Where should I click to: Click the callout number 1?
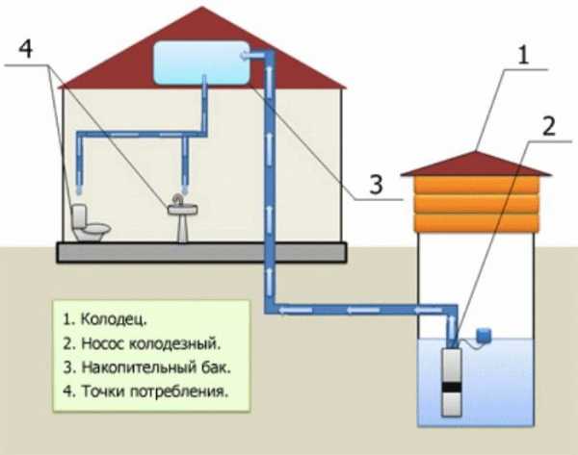pos(522,56)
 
